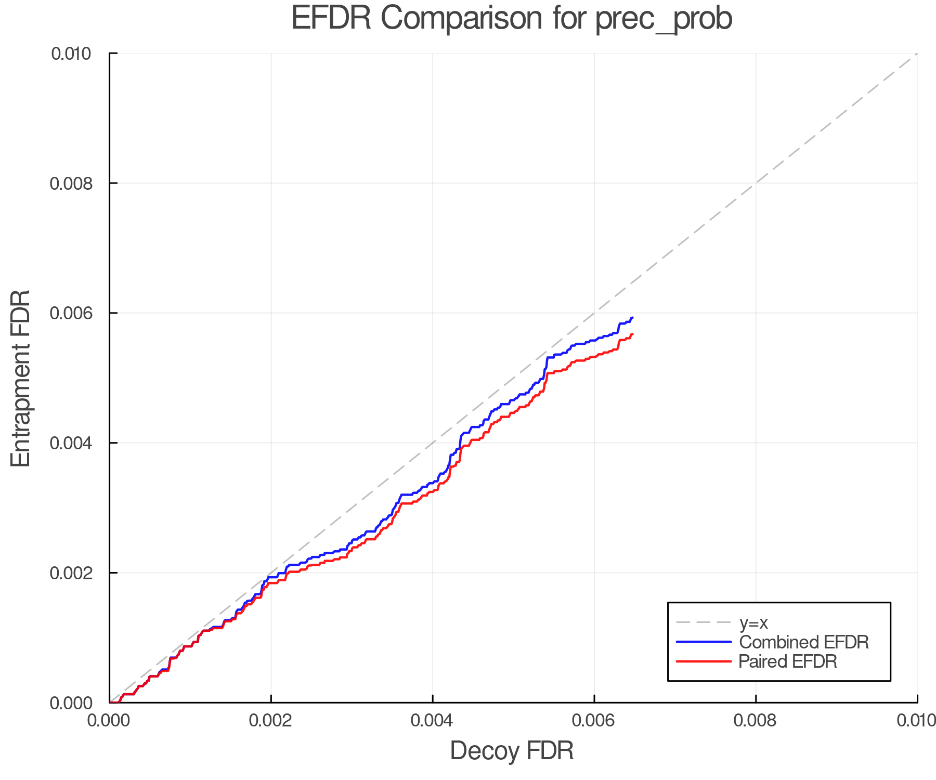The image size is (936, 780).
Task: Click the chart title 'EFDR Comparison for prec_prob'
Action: tap(512, 19)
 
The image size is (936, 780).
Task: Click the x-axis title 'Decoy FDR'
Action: tap(512, 751)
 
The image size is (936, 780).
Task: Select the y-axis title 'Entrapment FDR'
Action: tap(21, 378)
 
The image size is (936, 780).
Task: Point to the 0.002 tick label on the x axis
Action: tap(271, 721)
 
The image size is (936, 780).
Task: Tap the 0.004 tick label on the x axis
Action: tap(433, 721)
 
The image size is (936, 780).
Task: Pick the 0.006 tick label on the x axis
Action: tap(594, 721)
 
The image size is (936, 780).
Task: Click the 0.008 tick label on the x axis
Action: tap(756, 721)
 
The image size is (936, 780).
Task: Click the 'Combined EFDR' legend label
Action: tap(803, 642)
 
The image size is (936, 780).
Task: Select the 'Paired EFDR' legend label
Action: tap(788, 661)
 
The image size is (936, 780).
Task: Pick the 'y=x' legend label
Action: tap(753, 622)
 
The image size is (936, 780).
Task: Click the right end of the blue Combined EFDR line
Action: tap(632, 317)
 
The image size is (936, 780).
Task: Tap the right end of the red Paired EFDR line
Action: tap(632, 334)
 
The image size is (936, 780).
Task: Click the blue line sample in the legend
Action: tap(704, 642)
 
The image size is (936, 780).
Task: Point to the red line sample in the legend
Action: tap(704, 661)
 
